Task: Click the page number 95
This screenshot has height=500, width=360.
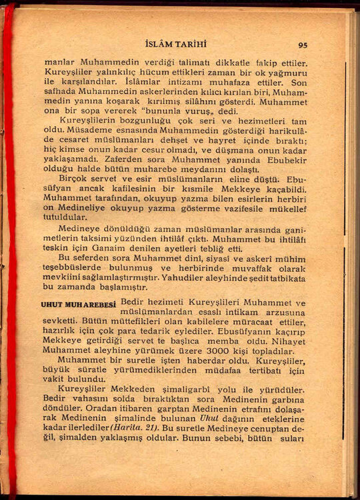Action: click(x=303, y=45)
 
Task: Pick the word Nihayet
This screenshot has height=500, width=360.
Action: click(x=287, y=340)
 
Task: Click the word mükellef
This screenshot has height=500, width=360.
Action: click(x=289, y=208)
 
